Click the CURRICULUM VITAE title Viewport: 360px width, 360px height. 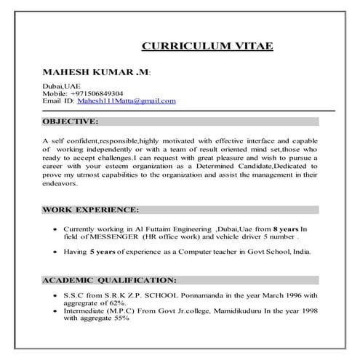(207, 46)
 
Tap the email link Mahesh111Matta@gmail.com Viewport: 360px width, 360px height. (138, 101)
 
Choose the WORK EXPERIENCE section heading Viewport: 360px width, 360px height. (90, 209)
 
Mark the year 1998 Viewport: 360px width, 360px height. (310, 311)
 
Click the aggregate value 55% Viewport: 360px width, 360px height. (119, 318)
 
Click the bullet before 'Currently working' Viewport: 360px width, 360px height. (57, 229)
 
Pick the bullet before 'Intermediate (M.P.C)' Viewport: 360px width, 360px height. (57, 311)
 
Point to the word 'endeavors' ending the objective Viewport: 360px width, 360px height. (59, 185)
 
